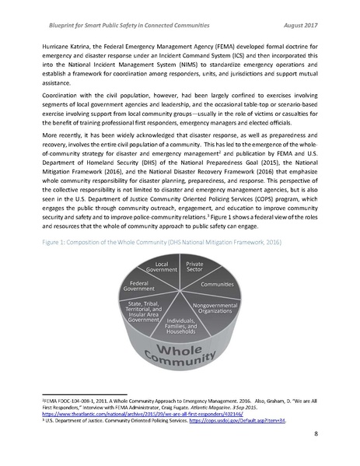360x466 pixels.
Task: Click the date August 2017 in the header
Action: pyautogui.click(x=310, y=15)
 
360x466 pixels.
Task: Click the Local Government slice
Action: pyautogui.click(x=167, y=268)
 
